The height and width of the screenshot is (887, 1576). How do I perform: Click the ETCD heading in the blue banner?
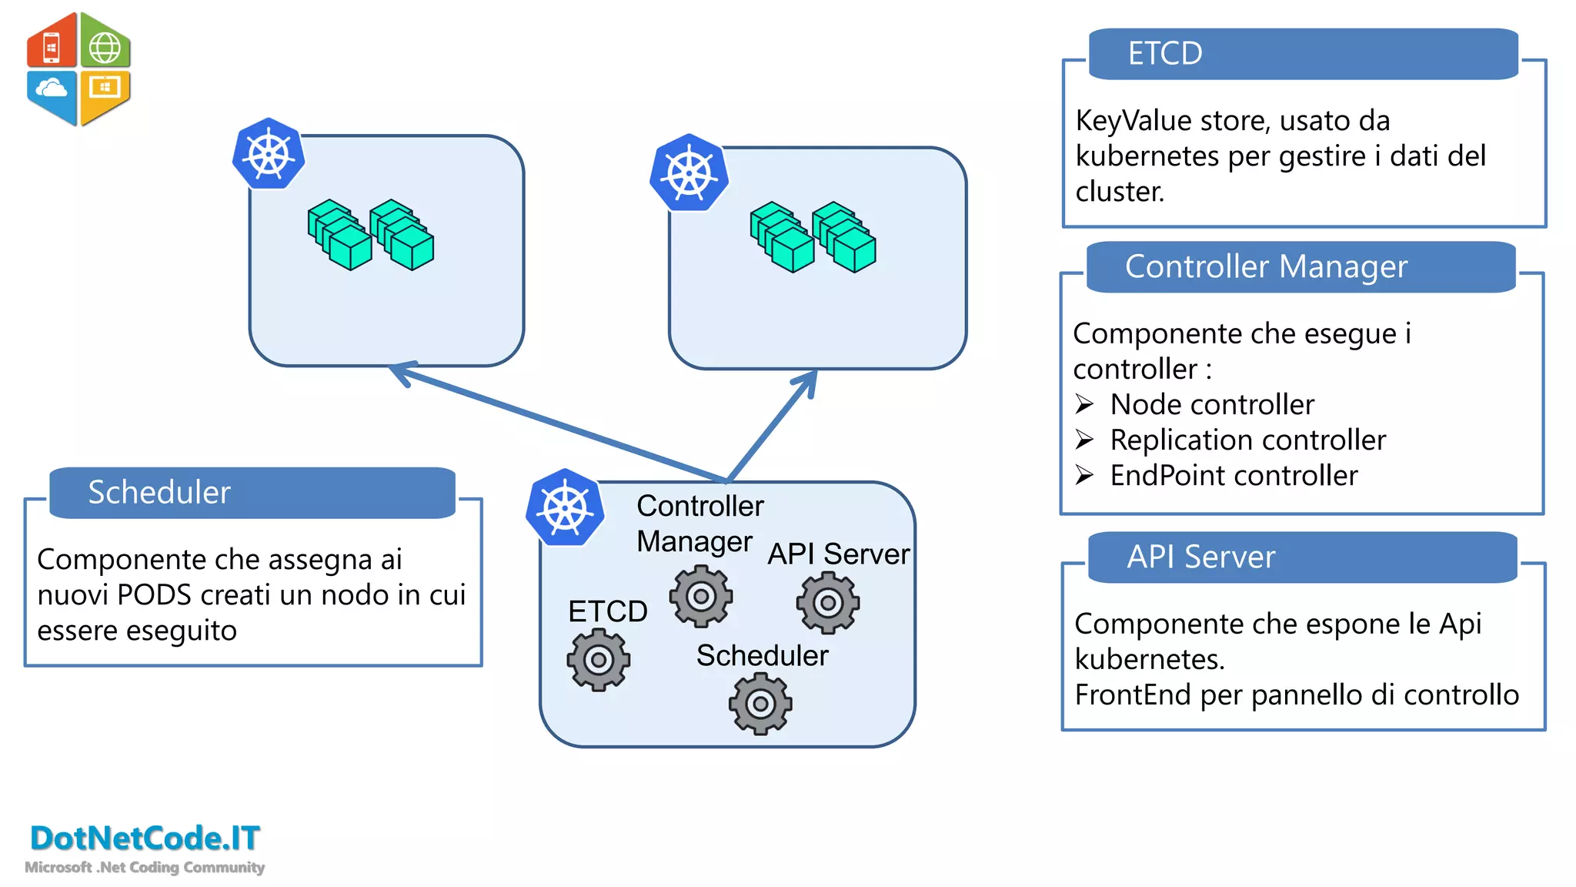[x=1164, y=54]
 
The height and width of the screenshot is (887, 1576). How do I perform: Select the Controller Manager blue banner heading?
[x=1265, y=266]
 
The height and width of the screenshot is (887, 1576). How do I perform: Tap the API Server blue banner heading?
[x=1200, y=557]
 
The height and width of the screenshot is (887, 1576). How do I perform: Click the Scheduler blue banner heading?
[x=159, y=492]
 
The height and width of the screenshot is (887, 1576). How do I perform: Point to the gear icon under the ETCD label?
[x=599, y=660]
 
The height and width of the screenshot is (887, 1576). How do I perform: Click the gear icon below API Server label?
[x=828, y=603]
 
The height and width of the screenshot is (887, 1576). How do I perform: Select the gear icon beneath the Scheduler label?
[x=760, y=704]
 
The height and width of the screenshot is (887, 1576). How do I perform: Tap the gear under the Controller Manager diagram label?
[x=700, y=596]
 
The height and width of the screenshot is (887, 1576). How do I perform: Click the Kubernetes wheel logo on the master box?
[x=566, y=508]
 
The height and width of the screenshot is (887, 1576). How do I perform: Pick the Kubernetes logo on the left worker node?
[x=269, y=154]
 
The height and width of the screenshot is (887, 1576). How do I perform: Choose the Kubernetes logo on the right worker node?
[x=689, y=173]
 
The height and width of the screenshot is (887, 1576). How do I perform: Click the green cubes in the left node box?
[x=370, y=235]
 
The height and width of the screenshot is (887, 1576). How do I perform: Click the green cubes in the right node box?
[x=813, y=237]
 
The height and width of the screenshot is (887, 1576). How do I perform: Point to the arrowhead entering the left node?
[x=400, y=372]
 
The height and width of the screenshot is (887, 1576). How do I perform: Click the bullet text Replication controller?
[x=1247, y=440]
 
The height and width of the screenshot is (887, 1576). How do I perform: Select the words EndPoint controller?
[x=1234, y=476]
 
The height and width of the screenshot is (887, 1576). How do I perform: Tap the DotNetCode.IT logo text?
[x=145, y=838]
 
